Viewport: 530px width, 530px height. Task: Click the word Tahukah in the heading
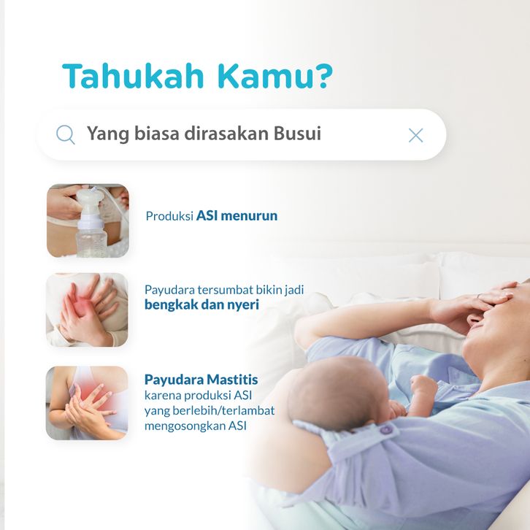(x=133, y=76)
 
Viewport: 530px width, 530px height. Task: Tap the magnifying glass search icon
(x=65, y=135)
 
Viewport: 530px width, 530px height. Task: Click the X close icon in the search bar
(x=415, y=136)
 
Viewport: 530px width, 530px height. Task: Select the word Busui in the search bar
(x=297, y=133)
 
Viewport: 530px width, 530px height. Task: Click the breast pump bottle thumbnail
(x=88, y=220)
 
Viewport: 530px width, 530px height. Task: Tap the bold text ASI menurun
(x=237, y=215)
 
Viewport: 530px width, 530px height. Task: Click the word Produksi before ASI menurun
(x=169, y=216)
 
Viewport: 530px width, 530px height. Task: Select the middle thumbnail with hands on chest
(x=87, y=310)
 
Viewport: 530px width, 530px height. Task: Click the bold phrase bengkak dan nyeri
(x=201, y=304)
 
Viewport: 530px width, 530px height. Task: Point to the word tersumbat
(x=225, y=290)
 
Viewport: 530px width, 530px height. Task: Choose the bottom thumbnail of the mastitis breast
(x=87, y=403)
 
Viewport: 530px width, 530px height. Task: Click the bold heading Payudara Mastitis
(x=201, y=380)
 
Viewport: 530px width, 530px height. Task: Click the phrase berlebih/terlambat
(x=223, y=410)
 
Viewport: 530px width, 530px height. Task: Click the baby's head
(x=338, y=388)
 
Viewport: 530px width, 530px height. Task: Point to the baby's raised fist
(x=424, y=385)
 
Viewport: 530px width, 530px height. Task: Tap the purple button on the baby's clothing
(x=386, y=429)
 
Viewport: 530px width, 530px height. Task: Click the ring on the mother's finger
(x=480, y=296)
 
